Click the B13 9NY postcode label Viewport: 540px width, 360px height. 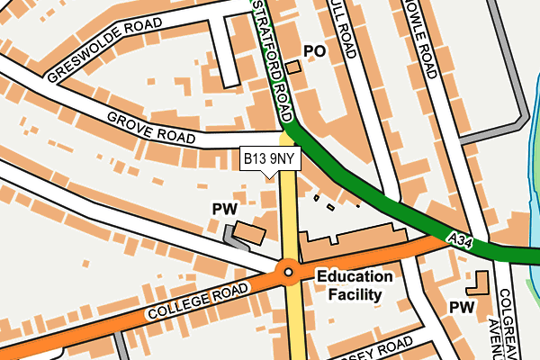click(269, 159)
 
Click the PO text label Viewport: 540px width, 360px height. click(314, 51)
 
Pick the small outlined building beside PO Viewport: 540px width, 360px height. click(294, 67)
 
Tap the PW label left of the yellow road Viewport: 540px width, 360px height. click(223, 209)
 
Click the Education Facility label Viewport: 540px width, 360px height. click(354, 285)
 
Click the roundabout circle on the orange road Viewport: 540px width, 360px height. click(288, 270)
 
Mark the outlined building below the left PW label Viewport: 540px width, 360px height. click(250, 234)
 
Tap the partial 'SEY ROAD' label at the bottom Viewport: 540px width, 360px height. click(379, 349)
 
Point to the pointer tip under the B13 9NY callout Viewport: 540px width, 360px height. click(269, 177)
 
